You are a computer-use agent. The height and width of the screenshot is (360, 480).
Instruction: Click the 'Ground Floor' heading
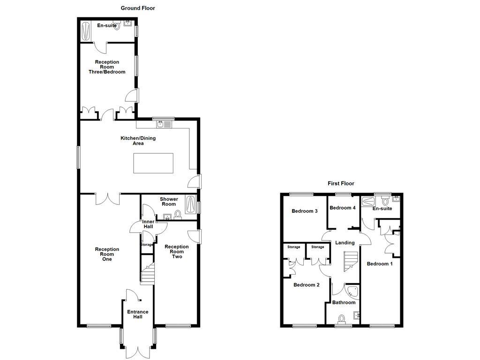(x=138, y=8)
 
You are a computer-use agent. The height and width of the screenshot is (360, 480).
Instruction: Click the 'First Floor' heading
(x=341, y=183)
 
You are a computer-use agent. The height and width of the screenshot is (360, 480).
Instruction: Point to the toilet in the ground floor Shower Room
(x=178, y=215)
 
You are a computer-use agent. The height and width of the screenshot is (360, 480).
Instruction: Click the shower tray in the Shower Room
(x=192, y=204)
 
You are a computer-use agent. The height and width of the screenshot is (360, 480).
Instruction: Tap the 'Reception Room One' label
(x=107, y=254)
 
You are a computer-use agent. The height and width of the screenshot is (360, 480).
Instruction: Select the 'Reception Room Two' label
(x=177, y=252)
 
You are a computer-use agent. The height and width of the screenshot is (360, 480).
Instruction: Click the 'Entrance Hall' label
(x=138, y=314)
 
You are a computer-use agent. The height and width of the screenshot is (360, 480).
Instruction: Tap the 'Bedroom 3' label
(x=305, y=211)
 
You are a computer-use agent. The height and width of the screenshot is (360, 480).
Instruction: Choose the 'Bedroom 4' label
(x=343, y=208)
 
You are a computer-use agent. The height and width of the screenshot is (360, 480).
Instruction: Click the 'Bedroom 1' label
(x=380, y=263)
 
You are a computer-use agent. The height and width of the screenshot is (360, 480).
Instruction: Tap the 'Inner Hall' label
(x=148, y=224)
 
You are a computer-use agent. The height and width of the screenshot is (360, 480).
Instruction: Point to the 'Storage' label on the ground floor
(x=147, y=244)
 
